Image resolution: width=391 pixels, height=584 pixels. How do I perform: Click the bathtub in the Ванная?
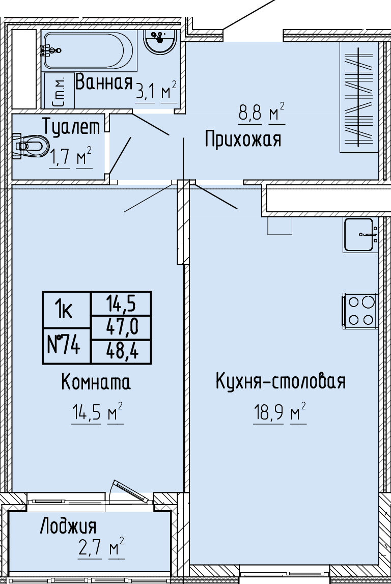[x=89, y=51]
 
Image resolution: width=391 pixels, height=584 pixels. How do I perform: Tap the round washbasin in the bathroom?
[x=160, y=42]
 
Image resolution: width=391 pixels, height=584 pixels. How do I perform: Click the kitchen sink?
[x=360, y=235]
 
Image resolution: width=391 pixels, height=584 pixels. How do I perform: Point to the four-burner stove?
[x=360, y=311]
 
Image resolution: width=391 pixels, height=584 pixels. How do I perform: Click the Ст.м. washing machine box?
[x=60, y=91]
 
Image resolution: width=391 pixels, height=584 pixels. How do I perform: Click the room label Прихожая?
[x=243, y=140]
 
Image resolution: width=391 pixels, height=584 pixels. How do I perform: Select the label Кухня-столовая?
[x=281, y=381]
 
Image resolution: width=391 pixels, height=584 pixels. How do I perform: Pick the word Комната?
[x=96, y=382]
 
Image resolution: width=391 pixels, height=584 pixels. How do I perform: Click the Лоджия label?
[x=68, y=526]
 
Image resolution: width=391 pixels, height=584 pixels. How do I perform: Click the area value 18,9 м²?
[x=280, y=412]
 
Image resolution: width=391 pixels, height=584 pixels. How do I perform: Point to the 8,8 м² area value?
[x=261, y=112]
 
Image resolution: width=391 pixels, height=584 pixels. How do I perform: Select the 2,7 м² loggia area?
[x=101, y=548]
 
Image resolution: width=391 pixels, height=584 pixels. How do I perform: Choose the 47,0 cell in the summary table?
[x=121, y=327]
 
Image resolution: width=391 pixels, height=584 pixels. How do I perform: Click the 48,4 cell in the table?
[x=121, y=351]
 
